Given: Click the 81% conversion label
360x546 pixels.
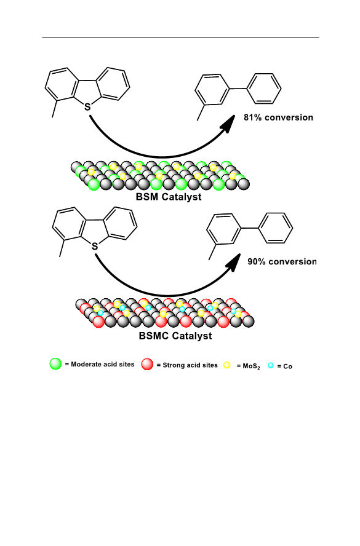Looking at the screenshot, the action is (x=278, y=117).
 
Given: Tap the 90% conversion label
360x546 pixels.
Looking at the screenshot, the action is (x=282, y=261).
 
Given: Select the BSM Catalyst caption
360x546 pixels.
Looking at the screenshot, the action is (x=169, y=197).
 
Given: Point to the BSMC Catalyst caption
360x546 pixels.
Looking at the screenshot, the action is (x=175, y=336).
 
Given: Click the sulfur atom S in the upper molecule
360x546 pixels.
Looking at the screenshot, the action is (x=87, y=107).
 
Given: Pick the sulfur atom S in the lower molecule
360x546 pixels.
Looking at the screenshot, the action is (x=94, y=247).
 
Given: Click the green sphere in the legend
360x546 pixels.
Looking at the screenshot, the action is (x=55, y=363).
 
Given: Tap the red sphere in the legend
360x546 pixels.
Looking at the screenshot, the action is (x=147, y=364).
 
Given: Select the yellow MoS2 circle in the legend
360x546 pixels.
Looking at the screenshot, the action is (x=227, y=365).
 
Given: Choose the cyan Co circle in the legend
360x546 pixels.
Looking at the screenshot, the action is (x=270, y=365).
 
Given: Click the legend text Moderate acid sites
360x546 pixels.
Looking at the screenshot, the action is (x=102, y=364).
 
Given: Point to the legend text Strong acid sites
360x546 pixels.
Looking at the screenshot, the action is (x=190, y=365).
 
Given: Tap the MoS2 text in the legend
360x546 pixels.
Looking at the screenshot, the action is (x=251, y=366).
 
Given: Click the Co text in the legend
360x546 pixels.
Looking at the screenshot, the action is (x=287, y=366).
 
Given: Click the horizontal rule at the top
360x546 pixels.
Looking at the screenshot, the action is (x=180, y=38).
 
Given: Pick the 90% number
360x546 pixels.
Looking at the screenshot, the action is (x=257, y=261).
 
